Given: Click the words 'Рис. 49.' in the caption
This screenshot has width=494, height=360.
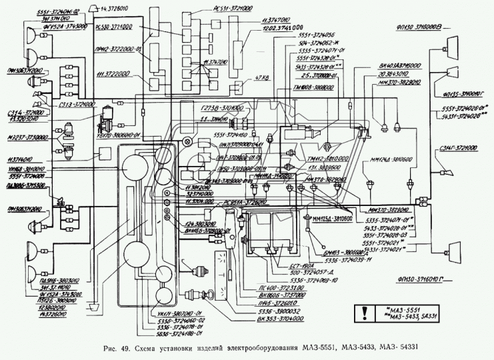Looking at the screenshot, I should coord(116,349).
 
